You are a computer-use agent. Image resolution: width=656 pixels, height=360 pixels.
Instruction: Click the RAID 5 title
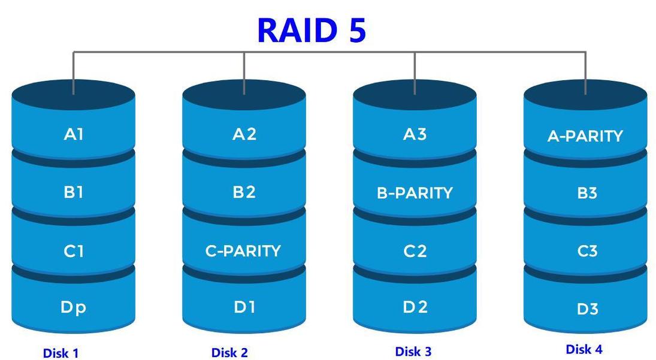(x=312, y=30)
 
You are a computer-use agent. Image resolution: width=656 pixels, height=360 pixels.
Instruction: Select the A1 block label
(x=73, y=134)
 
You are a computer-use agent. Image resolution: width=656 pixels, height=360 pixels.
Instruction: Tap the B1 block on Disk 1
(x=73, y=192)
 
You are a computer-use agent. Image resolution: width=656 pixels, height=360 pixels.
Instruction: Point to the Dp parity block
(x=73, y=308)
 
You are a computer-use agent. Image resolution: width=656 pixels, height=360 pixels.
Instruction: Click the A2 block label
(x=244, y=134)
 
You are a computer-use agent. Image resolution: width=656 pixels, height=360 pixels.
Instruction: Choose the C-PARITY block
(x=243, y=251)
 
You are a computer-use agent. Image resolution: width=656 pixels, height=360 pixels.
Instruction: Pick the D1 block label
(x=244, y=308)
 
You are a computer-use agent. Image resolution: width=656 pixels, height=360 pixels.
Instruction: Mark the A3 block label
(x=415, y=134)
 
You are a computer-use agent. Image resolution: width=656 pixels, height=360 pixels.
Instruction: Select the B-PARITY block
(x=415, y=193)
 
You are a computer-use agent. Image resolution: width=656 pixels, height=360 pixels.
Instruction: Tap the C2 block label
(x=415, y=251)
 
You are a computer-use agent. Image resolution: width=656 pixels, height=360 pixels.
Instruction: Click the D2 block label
(x=415, y=308)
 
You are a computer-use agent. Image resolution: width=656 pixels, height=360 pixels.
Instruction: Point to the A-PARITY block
(x=585, y=137)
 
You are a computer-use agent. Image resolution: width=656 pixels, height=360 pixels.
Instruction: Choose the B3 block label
(x=587, y=193)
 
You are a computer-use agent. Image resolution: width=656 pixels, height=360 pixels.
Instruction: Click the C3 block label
(x=587, y=251)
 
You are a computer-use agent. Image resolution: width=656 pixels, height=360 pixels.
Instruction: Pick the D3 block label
(x=587, y=310)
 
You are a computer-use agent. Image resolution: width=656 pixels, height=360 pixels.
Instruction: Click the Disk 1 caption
(x=61, y=353)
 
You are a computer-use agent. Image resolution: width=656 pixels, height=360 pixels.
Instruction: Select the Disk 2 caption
(x=229, y=353)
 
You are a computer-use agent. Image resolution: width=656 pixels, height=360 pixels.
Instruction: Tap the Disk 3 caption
(x=413, y=352)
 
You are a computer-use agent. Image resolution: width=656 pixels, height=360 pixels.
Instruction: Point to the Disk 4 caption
(x=584, y=349)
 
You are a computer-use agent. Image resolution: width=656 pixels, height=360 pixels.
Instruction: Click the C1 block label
(x=73, y=251)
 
